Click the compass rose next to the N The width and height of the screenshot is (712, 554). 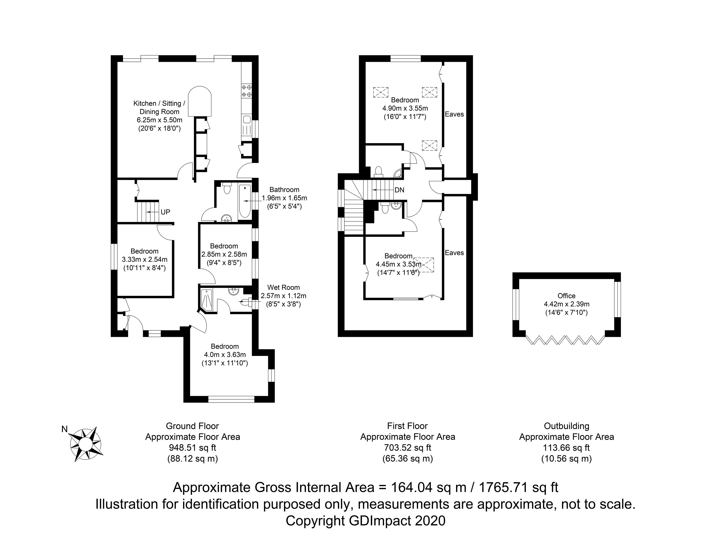[86, 444]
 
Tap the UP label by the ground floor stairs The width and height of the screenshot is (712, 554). [165, 212]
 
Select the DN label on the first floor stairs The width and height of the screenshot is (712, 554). [399, 190]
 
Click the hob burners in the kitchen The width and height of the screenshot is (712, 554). [247, 91]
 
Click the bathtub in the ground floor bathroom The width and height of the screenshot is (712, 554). [245, 202]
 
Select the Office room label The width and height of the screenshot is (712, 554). [566, 296]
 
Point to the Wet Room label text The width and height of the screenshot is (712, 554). [283, 287]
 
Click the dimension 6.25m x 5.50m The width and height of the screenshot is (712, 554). [159, 120]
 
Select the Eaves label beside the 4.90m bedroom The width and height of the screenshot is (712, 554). [454, 114]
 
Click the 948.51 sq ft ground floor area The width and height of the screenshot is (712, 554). [192, 447]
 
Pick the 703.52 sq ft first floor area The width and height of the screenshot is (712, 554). [407, 447]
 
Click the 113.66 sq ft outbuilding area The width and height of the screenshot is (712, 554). [566, 447]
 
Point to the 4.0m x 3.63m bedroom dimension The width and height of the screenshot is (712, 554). [225, 355]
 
